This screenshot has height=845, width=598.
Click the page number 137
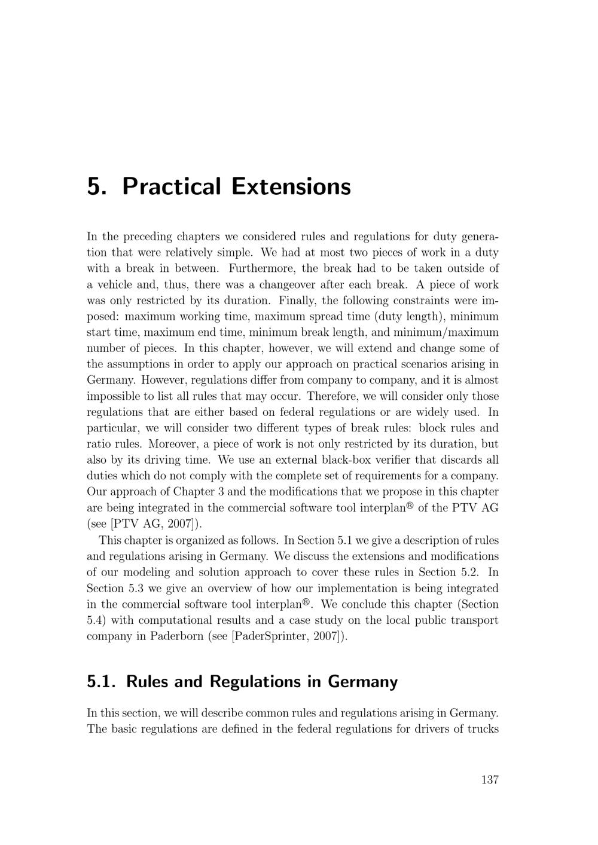(489, 779)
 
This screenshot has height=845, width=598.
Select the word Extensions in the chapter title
(291, 186)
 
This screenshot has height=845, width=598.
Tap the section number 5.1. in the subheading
(103, 681)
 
